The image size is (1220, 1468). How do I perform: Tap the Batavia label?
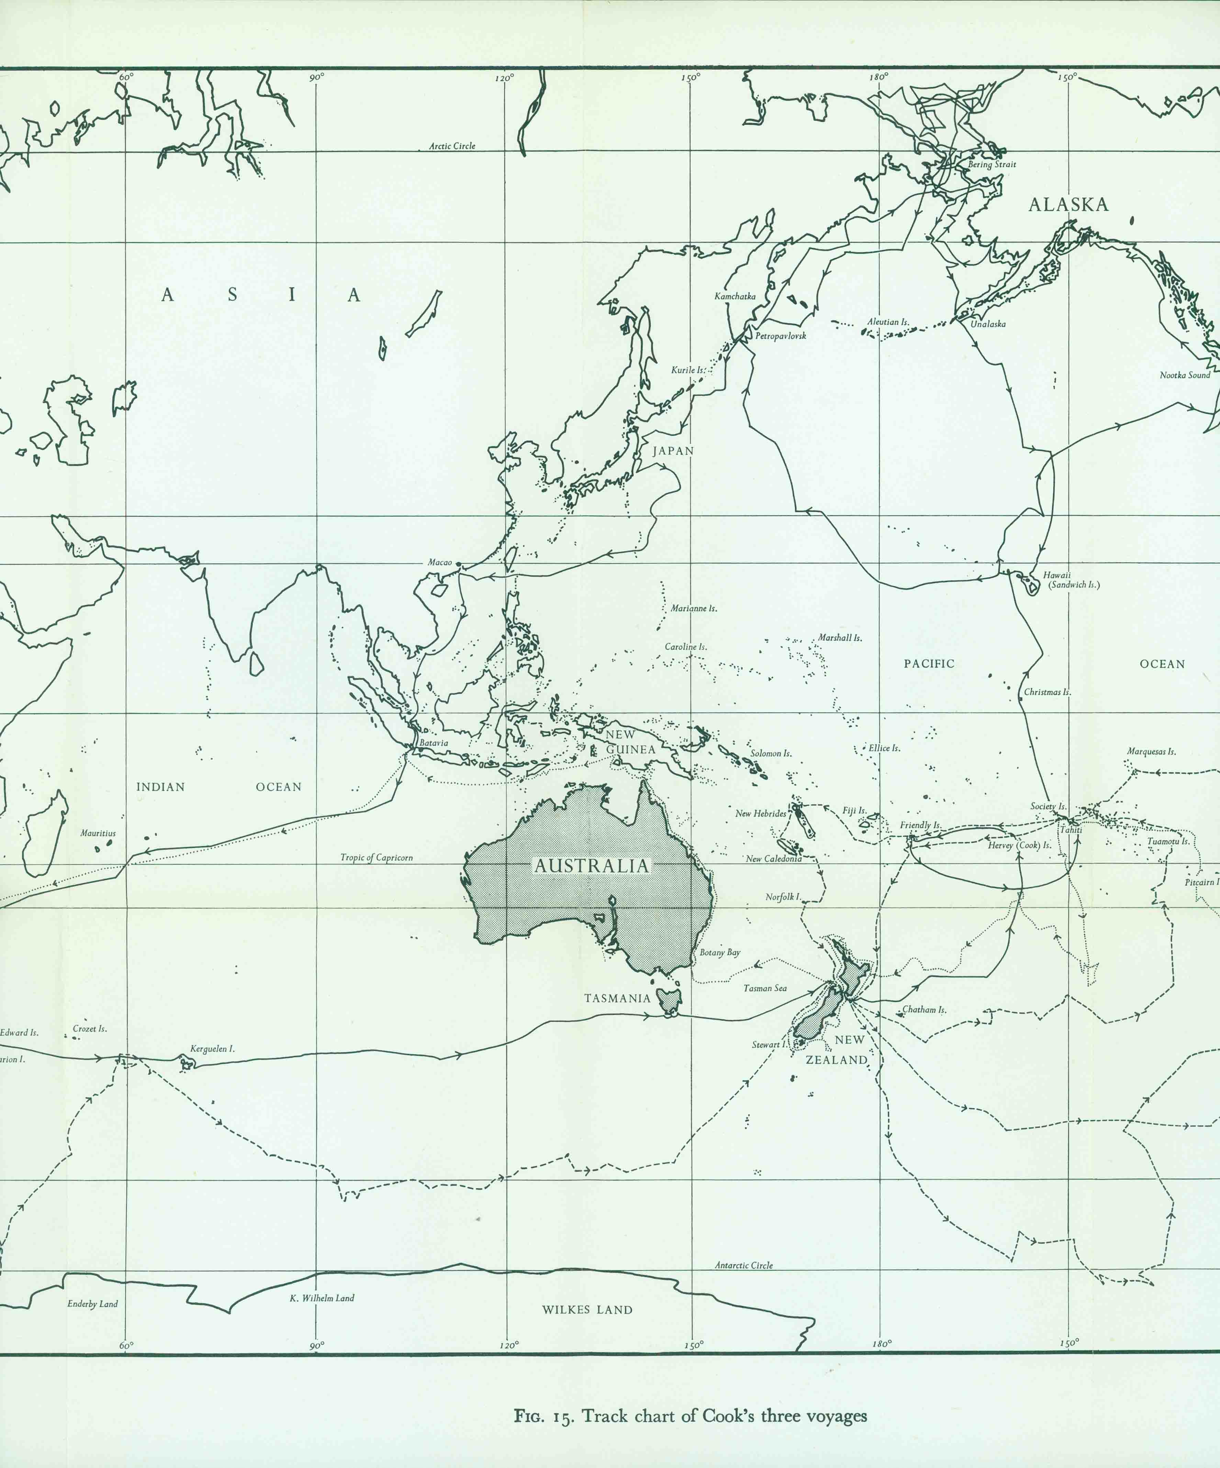(434, 743)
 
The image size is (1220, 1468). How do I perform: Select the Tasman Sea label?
(765, 988)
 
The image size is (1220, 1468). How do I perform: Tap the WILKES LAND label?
(586, 1310)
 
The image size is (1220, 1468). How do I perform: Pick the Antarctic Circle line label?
(743, 1265)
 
